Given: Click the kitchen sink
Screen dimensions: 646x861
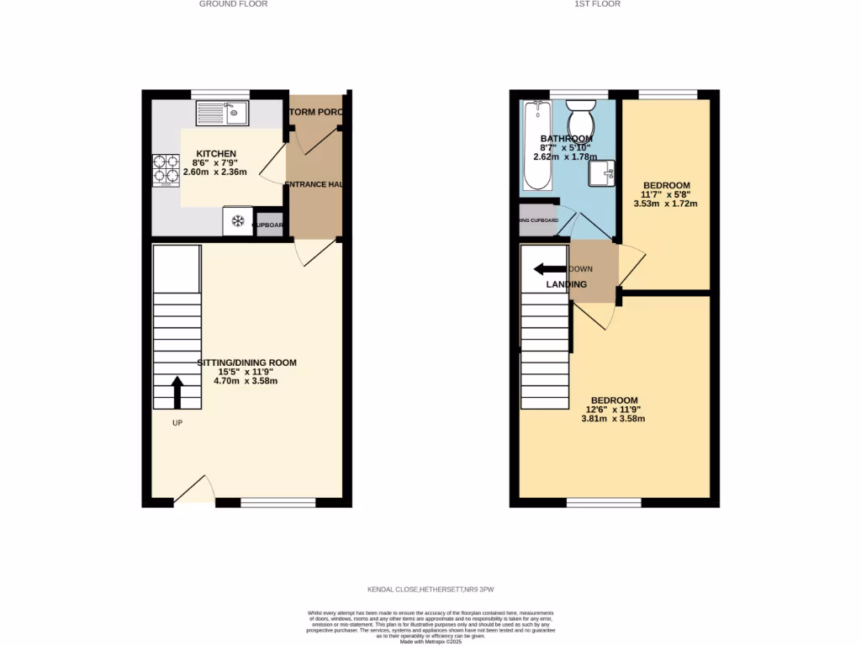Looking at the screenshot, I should pyautogui.click(x=222, y=113).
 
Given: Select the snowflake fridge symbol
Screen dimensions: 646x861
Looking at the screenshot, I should pyautogui.click(x=237, y=221).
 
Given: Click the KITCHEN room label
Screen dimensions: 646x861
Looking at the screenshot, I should pyautogui.click(x=210, y=153).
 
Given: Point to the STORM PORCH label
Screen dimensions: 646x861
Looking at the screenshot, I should pyautogui.click(x=316, y=112).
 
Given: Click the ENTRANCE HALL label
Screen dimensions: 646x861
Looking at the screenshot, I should pyautogui.click(x=315, y=184).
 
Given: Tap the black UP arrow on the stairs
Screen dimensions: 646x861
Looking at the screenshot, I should pyautogui.click(x=177, y=392).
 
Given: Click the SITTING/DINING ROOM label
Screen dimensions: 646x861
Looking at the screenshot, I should pyautogui.click(x=247, y=363).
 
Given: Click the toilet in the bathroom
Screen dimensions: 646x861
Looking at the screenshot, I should pyautogui.click(x=579, y=117).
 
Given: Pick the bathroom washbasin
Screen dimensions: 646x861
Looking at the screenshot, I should pyautogui.click(x=601, y=172).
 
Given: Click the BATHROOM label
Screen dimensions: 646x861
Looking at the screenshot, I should pyautogui.click(x=566, y=139).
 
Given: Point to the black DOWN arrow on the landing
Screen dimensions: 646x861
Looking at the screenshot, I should pyautogui.click(x=550, y=269).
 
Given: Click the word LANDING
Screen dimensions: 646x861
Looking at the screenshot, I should pyautogui.click(x=567, y=284).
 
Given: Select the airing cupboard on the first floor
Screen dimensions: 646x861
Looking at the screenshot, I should pyautogui.click(x=538, y=220).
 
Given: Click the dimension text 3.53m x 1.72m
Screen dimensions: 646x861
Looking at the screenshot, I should pyautogui.click(x=666, y=204).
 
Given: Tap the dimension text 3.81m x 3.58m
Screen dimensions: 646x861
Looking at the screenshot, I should pyautogui.click(x=613, y=418).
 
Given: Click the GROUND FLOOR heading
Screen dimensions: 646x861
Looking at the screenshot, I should pyautogui.click(x=233, y=4).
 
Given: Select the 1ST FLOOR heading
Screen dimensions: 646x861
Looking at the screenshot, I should pyautogui.click(x=597, y=4).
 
